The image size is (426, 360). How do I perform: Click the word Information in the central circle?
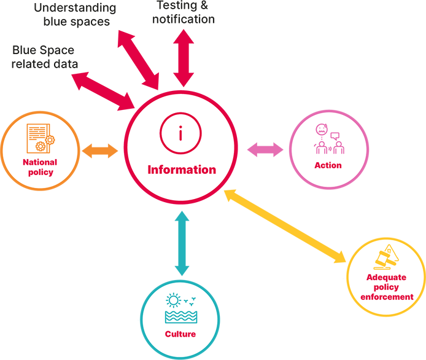(x=182, y=170)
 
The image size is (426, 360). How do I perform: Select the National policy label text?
(x=40, y=167)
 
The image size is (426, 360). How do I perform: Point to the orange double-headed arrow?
(x=100, y=151)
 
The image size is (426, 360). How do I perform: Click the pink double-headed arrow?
(x=265, y=149)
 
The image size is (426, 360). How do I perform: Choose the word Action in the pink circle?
(x=328, y=165)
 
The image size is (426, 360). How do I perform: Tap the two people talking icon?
(x=328, y=139)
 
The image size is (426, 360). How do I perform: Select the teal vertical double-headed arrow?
(x=182, y=243)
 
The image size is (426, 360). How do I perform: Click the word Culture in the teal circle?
(x=180, y=334)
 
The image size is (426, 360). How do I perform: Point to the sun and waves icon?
(x=180, y=309)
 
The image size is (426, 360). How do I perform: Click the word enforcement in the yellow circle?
(x=387, y=297)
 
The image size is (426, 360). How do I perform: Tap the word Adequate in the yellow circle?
(x=387, y=278)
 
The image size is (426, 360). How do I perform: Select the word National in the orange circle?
(x=40, y=162)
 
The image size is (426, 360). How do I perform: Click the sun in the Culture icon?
(x=174, y=300)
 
